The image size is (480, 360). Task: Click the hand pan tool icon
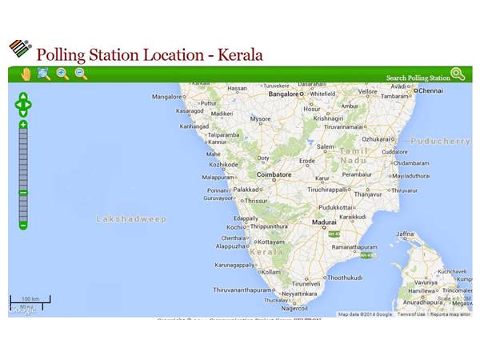click(x=26, y=74)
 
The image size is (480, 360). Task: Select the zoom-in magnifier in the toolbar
click(x=62, y=74)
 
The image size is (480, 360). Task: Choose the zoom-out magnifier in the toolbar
click(x=81, y=74)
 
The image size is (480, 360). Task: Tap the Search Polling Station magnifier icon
click(x=458, y=74)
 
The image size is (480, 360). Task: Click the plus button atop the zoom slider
click(x=23, y=125)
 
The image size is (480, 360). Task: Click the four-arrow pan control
click(x=23, y=104)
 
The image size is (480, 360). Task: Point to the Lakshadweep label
click(x=131, y=218)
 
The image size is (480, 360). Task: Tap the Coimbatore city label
click(x=274, y=174)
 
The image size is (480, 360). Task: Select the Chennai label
click(x=430, y=90)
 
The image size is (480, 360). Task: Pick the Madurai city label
click(x=324, y=222)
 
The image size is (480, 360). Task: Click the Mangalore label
click(x=168, y=97)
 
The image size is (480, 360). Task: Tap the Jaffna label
click(x=405, y=234)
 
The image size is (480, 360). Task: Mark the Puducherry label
click(x=440, y=141)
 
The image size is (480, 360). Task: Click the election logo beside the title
click(x=19, y=49)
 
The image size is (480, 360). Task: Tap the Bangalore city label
click(x=284, y=94)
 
